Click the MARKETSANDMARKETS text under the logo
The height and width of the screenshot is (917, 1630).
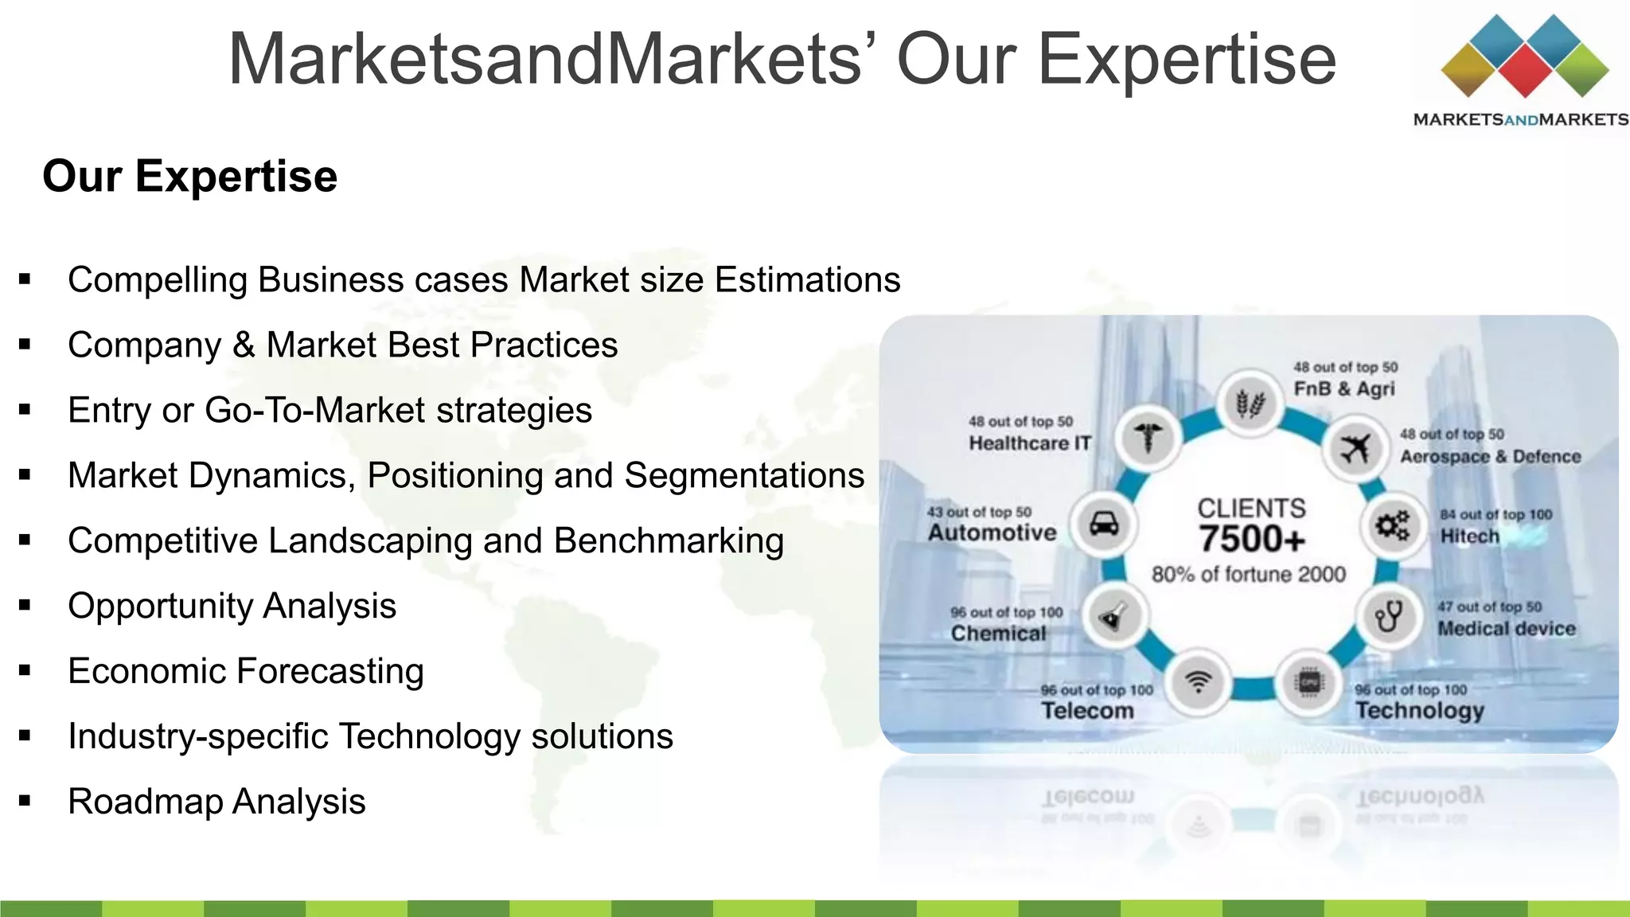[1520, 119]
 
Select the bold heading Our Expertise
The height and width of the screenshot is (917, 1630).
[189, 176]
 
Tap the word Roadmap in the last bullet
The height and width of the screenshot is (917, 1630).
[146, 802]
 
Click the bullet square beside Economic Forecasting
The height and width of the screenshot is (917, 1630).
[25, 671]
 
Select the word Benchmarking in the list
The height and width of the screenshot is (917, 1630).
[669, 541]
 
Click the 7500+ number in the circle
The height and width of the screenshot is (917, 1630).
[1251, 539]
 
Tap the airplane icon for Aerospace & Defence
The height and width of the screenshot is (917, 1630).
[1355, 448]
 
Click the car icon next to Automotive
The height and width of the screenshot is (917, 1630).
[1103, 524]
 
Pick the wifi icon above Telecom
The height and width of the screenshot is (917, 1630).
[1197, 682]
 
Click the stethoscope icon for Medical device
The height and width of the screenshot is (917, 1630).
[1389, 615]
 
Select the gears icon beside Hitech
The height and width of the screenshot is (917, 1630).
[1393, 525]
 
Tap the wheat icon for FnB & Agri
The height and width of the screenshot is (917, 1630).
[1250, 404]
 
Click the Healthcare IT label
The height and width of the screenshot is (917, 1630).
[1029, 443]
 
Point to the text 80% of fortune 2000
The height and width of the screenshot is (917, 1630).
[1248, 574]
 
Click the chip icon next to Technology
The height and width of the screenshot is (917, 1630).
[1309, 682]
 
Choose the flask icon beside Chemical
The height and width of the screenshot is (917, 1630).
[1113, 615]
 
